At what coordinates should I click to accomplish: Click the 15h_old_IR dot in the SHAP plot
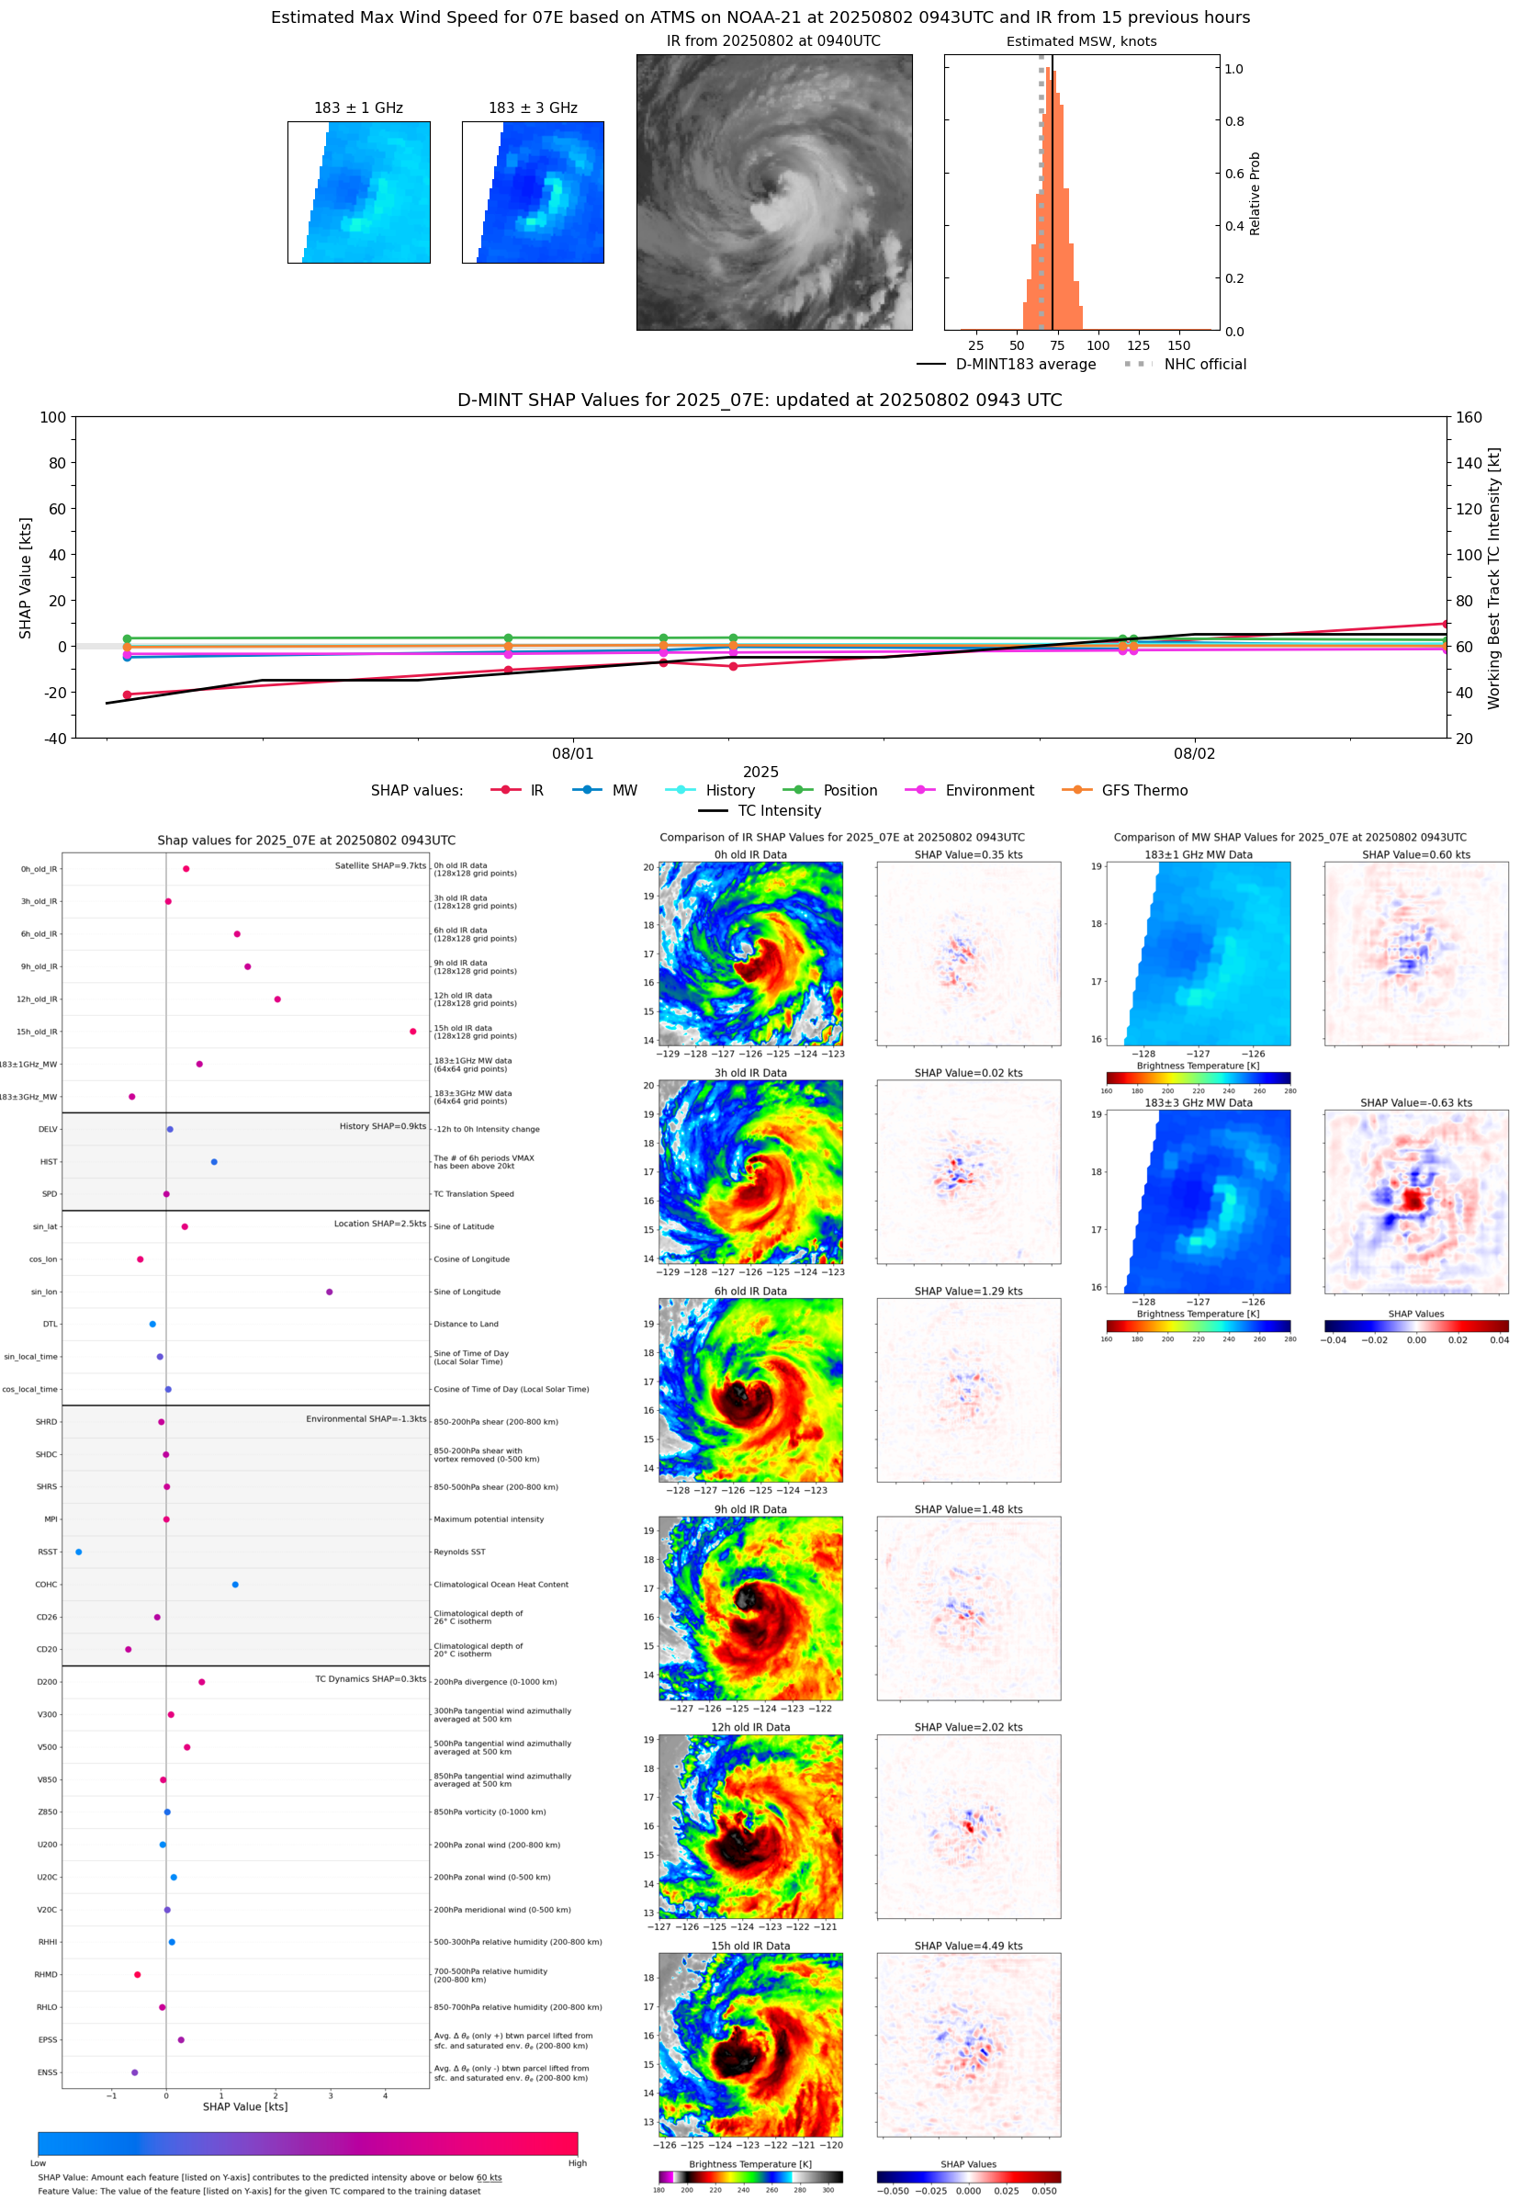click(x=412, y=1032)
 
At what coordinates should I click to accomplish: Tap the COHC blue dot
click(x=235, y=1585)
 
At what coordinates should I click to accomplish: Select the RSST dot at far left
click(x=78, y=1552)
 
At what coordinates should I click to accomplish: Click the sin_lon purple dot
click(x=330, y=1292)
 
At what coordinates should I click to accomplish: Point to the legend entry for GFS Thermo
click(x=1143, y=791)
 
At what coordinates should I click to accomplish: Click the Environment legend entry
click(x=988, y=791)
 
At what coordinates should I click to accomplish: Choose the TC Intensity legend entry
click(x=778, y=810)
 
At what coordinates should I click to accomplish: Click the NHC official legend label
click(x=1204, y=364)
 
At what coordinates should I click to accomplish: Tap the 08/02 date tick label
click(x=1193, y=753)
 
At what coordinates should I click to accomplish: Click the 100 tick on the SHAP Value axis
click(x=52, y=417)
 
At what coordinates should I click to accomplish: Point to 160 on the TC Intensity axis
click(x=1469, y=417)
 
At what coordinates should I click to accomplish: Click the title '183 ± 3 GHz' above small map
click(x=533, y=107)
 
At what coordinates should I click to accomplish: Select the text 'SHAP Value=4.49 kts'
click(x=968, y=1946)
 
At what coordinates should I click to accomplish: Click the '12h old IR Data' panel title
click(x=750, y=1727)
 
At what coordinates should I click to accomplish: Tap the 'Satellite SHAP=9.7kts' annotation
click(x=380, y=865)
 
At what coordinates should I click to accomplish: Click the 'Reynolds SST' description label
click(x=459, y=1552)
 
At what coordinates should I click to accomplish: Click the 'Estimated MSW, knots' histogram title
click(x=1081, y=41)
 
